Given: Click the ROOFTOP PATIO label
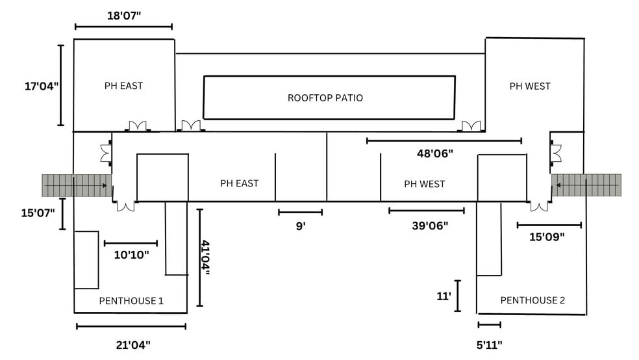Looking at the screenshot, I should [325, 98].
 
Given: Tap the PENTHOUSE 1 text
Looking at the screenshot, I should [131, 301].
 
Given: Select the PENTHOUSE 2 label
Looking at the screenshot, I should [532, 300].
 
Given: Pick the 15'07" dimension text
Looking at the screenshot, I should [38, 212].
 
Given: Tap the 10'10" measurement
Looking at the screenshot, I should [131, 255].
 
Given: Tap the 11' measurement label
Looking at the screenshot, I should [444, 296].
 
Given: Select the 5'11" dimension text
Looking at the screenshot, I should [490, 345].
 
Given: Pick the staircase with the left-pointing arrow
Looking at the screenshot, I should [586, 185].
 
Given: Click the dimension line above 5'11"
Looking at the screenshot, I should [489, 324].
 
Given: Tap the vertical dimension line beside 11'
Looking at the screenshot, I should [457, 296].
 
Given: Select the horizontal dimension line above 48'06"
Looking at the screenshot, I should [444, 140].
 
